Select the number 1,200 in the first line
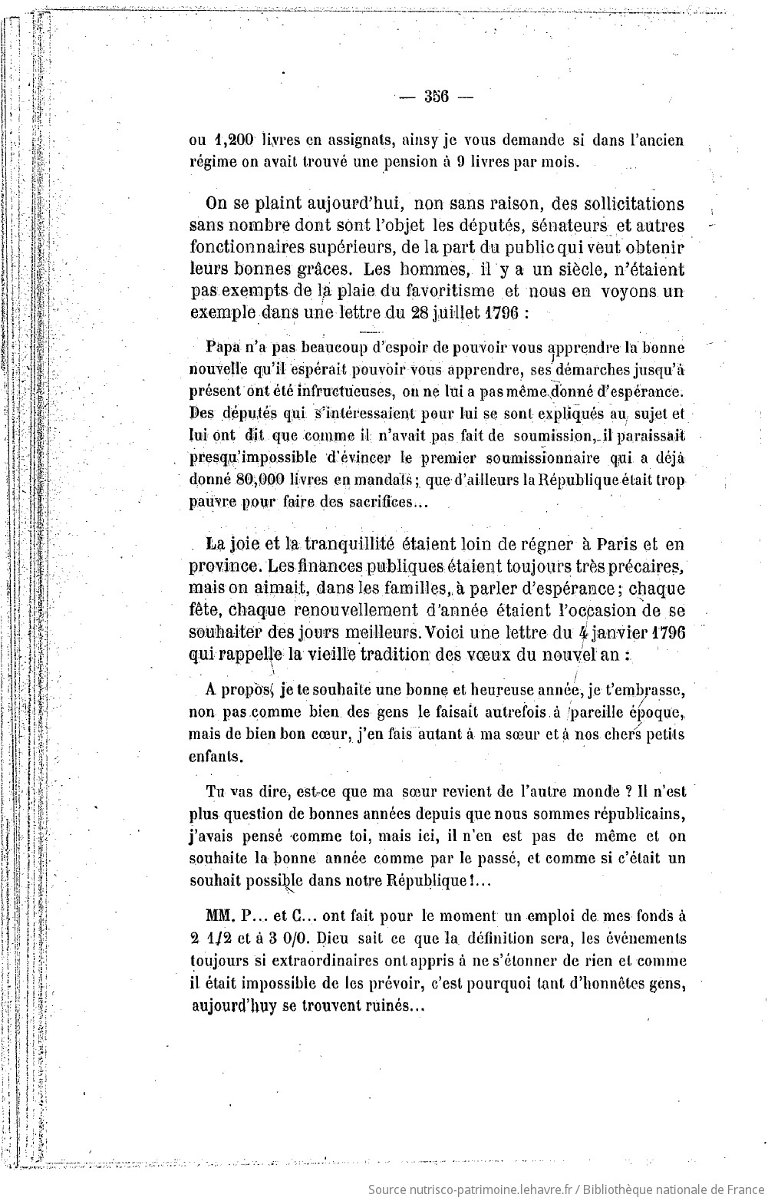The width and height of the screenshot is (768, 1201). point(235,140)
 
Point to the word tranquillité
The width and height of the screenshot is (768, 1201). point(339,544)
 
